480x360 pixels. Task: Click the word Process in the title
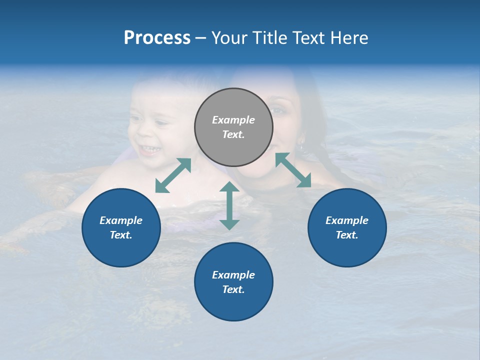[157, 38]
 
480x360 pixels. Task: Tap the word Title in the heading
[270, 38]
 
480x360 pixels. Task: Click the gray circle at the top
[233, 127]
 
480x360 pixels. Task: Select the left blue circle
[121, 227]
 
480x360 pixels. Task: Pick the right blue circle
[347, 227]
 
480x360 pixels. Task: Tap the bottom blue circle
[233, 282]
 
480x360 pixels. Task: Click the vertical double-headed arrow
[229, 205]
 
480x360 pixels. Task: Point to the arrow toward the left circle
[173, 175]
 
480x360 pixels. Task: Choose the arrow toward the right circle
[293, 170]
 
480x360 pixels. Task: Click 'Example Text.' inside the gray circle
[233, 127]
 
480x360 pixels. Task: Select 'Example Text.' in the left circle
[121, 227]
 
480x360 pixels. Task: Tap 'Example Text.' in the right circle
[347, 227]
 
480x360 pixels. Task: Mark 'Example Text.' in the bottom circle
[233, 282]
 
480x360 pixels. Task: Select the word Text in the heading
[311, 38]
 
